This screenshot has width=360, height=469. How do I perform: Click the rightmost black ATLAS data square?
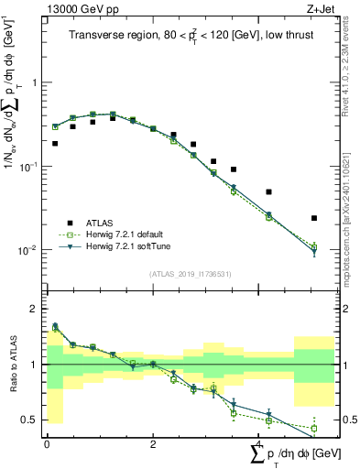tap(314, 218)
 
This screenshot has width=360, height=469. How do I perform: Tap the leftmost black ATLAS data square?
tap(55, 144)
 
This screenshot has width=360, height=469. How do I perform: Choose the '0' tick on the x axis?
tap(47, 444)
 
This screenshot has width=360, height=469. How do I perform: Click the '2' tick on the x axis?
tap(153, 444)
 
